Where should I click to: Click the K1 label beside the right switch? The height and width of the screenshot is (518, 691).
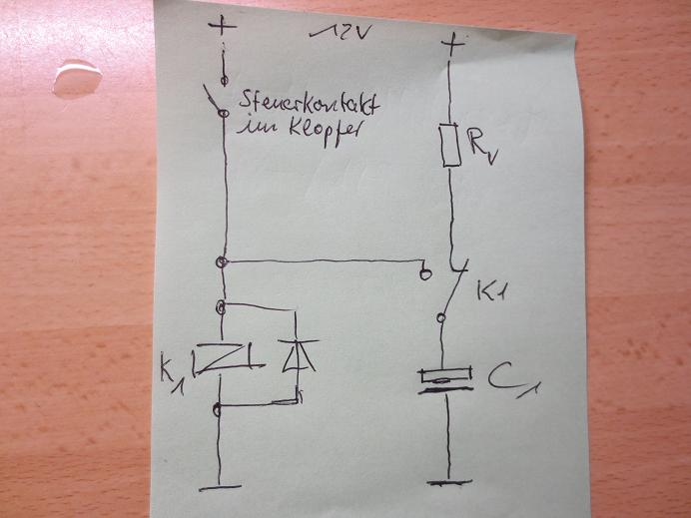point(495,293)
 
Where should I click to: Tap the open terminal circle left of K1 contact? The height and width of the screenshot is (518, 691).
point(425,270)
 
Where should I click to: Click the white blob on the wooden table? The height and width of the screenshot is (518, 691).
point(77,78)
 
